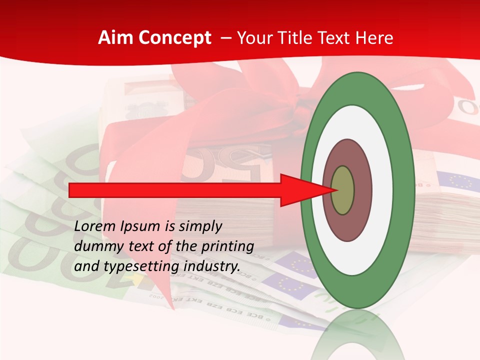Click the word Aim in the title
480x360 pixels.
(x=113, y=38)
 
